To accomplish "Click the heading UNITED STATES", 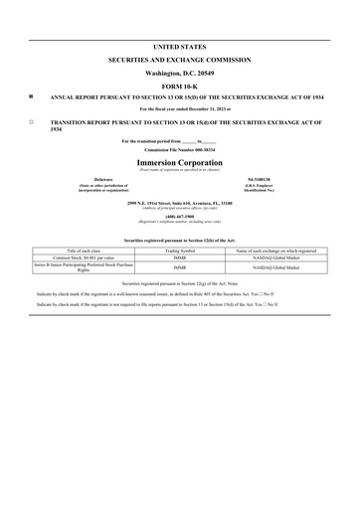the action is click(179, 47).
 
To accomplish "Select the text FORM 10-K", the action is click(179, 85).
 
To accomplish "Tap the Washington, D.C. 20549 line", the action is click(179, 73).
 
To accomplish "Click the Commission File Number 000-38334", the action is click(179, 150).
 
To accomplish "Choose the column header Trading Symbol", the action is click(179, 252).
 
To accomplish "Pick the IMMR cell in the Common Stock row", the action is click(179, 259).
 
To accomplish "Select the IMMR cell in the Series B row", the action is click(179, 268).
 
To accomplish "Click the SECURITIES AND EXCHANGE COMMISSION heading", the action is click(179, 60).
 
